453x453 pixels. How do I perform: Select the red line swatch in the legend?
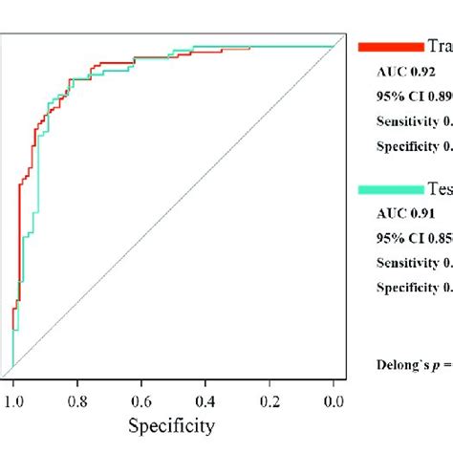pos(390,45)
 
